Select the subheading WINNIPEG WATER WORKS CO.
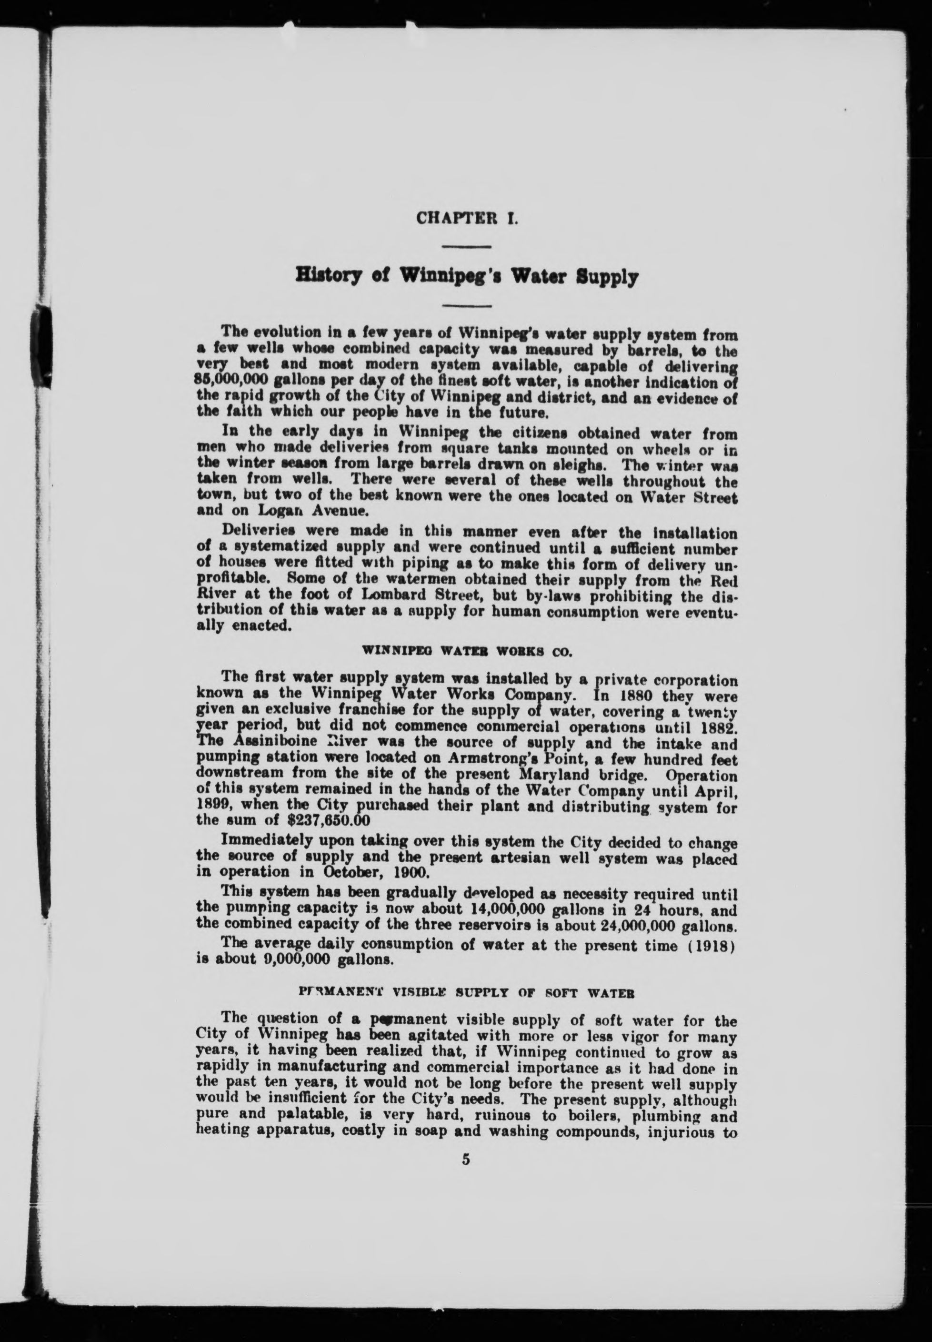pyautogui.click(x=467, y=650)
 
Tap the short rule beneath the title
pyautogui.click(x=467, y=305)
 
